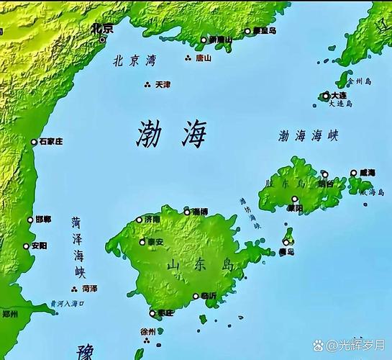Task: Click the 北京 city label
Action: [x=103, y=29]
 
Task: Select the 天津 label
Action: [x=163, y=84]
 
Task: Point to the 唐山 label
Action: [x=204, y=58]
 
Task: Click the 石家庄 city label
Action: [x=50, y=141]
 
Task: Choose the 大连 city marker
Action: [x=326, y=95]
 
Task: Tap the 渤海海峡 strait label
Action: [x=308, y=135]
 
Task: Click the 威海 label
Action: [x=368, y=173]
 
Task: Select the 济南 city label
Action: [x=152, y=219]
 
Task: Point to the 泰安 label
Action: [x=155, y=242]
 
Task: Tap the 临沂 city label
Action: [x=208, y=296]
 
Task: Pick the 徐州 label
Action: [x=147, y=331]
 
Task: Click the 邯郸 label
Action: [x=42, y=219]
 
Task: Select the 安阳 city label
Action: [x=40, y=246]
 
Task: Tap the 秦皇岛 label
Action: [x=264, y=31]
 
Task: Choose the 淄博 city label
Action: [x=199, y=212]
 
